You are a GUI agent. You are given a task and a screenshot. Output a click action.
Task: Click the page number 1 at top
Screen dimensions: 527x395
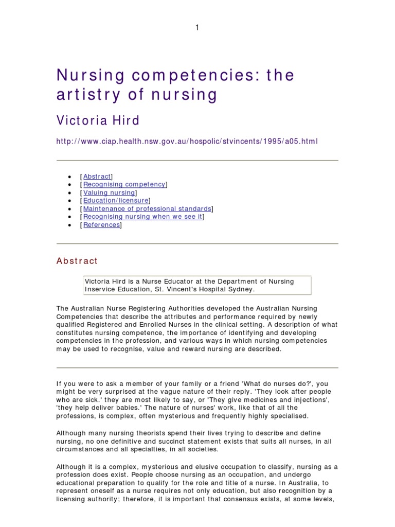point(196,28)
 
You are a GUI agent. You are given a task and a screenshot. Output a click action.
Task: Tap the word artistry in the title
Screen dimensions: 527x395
point(86,95)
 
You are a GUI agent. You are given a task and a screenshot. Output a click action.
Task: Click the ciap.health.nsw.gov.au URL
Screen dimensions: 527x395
point(187,141)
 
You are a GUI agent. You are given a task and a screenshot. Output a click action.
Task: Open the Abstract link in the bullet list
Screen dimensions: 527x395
point(97,177)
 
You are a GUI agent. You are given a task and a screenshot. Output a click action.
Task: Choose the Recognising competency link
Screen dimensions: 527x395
point(124,184)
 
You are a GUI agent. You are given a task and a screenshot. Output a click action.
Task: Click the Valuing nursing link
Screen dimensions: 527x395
point(109,192)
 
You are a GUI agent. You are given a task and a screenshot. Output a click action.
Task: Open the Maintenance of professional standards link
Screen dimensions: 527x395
point(147,209)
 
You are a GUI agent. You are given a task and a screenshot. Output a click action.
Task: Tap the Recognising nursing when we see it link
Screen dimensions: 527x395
point(142,217)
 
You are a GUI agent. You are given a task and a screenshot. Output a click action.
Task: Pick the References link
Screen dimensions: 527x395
point(101,225)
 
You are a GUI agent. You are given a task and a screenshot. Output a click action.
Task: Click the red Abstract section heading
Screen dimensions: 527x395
point(77,261)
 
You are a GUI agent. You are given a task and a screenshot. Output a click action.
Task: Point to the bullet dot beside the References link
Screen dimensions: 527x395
point(69,225)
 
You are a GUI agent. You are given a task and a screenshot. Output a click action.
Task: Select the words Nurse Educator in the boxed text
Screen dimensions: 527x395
point(153,282)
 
